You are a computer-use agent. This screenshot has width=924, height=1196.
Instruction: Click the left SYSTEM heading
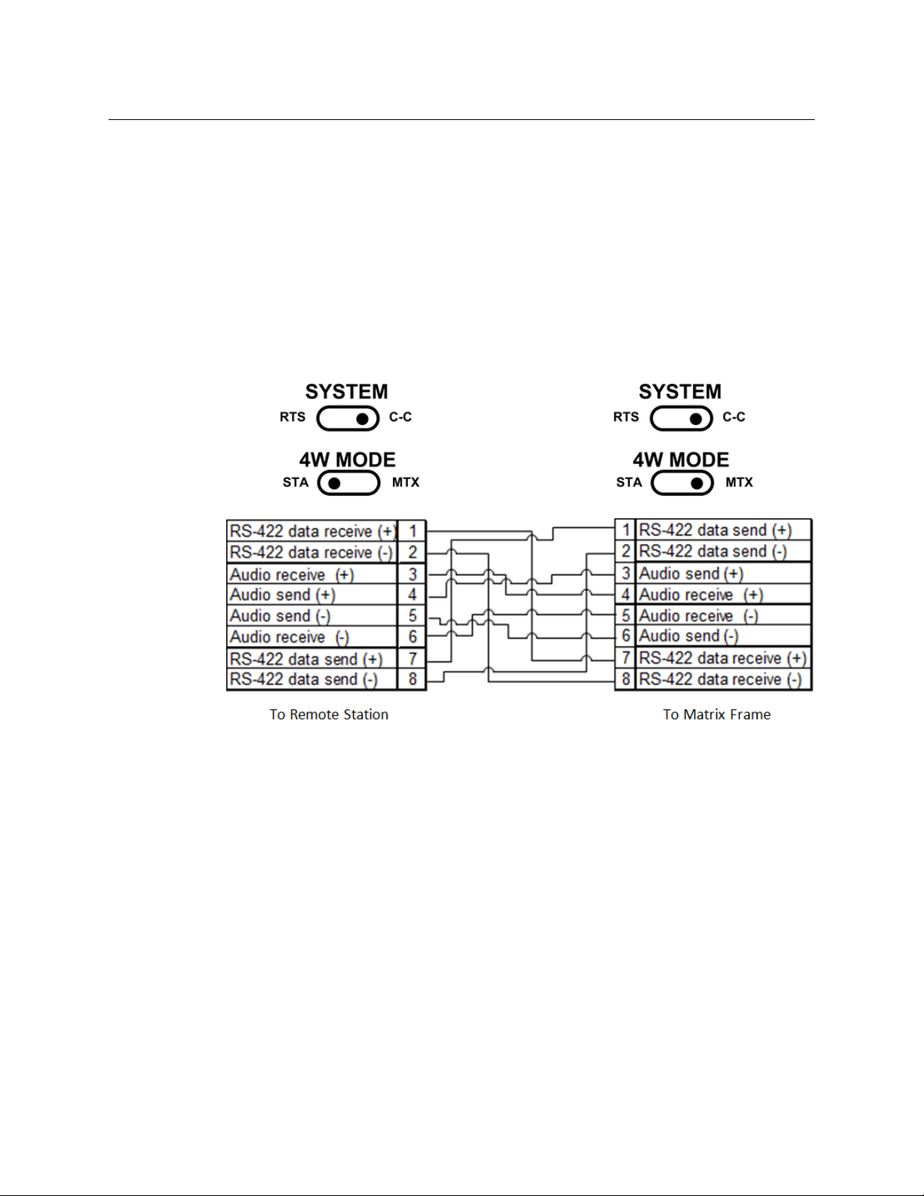click(346, 392)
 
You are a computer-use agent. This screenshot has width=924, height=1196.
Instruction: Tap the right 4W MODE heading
click(680, 460)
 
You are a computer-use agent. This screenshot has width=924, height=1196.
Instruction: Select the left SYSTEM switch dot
click(364, 418)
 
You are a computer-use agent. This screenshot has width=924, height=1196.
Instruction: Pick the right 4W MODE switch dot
click(697, 483)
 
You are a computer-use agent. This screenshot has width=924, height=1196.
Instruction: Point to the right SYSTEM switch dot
click(697, 418)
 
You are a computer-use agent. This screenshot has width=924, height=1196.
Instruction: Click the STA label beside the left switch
click(296, 483)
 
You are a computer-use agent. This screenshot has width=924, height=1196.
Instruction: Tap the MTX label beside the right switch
click(738, 483)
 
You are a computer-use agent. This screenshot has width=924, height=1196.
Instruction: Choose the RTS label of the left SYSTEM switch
click(293, 417)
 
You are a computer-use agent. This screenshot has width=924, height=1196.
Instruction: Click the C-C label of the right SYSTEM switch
click(733, 417)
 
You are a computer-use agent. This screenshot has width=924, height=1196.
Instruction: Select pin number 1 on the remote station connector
click(413, 531)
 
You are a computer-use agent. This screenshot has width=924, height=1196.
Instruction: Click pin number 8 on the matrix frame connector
click(626, 679)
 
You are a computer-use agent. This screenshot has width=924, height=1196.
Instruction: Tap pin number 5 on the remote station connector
click(413, 616)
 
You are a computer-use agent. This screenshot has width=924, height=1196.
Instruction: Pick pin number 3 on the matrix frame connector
click(626, 573)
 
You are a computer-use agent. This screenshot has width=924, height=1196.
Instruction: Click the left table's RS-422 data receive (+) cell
click(312, 531)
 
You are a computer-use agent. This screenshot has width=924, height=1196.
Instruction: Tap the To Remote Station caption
click(329, 715)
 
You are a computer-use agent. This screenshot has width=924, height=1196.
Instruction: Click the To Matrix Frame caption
click(717, 715)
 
